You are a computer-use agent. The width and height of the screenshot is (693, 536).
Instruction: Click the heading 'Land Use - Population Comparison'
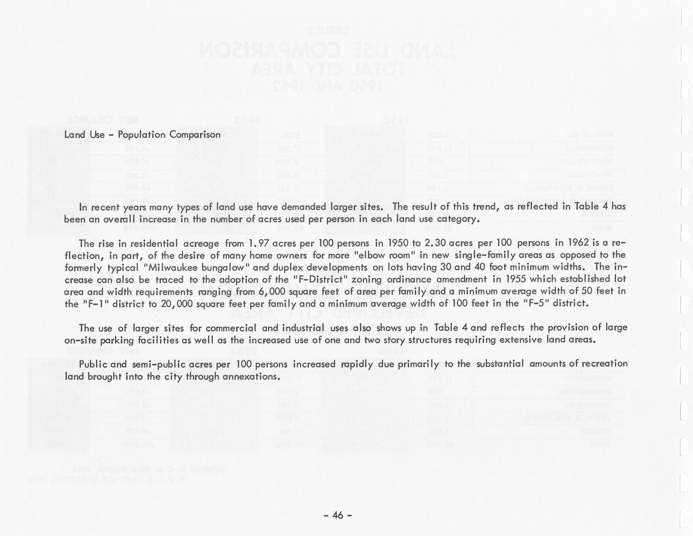(142, 135)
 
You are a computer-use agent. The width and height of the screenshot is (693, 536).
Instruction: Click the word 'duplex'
(289, 267)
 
